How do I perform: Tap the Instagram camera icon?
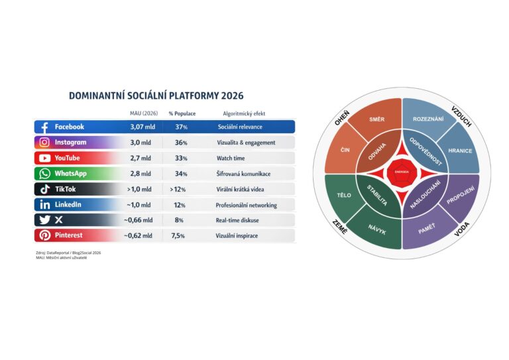(x=45, y=143)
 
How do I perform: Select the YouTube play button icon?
(x=45, y=158)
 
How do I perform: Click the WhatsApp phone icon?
(x=45, y=174)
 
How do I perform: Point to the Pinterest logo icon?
(x=45, y=235)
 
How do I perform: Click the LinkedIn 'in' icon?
(x=45, y=205)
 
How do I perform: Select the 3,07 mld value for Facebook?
(x=141, y=127)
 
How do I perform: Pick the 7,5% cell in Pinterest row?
(x=179, y=235)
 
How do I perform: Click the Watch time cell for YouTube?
(x=231, y=158)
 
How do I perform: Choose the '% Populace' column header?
(x=182, y=113)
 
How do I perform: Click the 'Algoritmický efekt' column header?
(x=244, y=113)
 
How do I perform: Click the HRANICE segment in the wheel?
(x=460, y=150)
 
